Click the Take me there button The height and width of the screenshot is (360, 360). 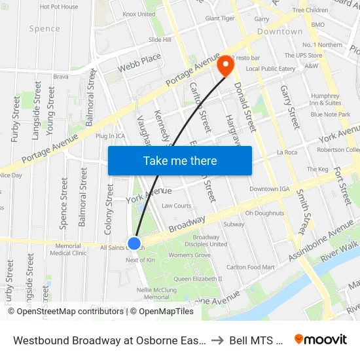pyautogui.click(x=180, y=161)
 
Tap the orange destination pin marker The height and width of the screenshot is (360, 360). pyautogui.click(x=226, y=64)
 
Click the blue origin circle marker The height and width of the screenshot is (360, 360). pyautogui.click(x=134, y=243)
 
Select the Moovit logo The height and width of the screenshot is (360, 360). pyautogui.click(x=321, y=340)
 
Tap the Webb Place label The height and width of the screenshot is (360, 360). pyautogui.click(x=139, y=63)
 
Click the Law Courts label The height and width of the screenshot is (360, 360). pyautogui.click(x=177, y=206)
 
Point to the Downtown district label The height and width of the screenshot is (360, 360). pyautogui.click(x=279, y=31)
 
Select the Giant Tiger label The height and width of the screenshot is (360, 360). pyautogui.click(x=220, y=18)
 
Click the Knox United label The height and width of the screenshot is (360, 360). pyautogui.click(x=139, y=14)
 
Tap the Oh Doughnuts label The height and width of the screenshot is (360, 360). pyautogui.click(x=264, y=213)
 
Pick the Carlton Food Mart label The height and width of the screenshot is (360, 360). pyautogui.click(x=251, y=267)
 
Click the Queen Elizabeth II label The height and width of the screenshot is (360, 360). pyautogui.click(x=198, y=278)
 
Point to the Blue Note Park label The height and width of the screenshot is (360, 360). pyautogui.click(x=331, y=115)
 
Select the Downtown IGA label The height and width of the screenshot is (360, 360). pyautogui.click(x=268, y=189)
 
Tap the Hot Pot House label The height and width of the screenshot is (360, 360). pyautogui.click(x=59, y=7)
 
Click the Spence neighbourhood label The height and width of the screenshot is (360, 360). pyautogui.click(x=45, y=29)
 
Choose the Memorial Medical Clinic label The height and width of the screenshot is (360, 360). pyautogui.click(x=68, y=249)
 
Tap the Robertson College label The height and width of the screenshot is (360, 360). pyautogui.click(x=338, y=149)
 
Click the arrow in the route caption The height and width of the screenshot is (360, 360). pyautogui.click(x=219, y=340)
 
